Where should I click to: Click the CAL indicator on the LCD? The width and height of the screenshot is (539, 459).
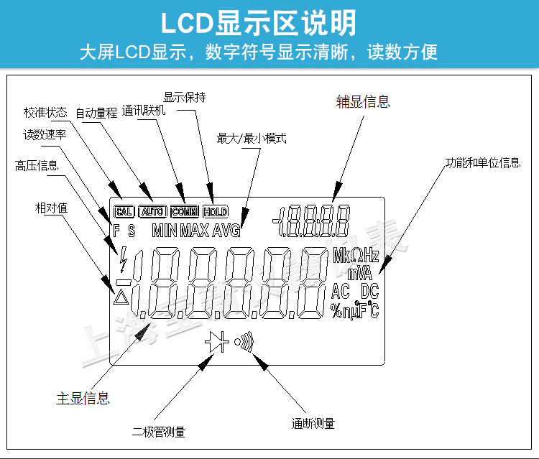124,211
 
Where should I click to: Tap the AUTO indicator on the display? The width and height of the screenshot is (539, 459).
152,211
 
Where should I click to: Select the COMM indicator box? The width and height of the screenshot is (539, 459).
185,211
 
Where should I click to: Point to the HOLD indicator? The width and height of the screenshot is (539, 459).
215,211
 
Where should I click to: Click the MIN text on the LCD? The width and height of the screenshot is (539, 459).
165,231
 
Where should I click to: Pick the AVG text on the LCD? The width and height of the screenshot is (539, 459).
226,231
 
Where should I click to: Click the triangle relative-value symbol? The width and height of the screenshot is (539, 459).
121,295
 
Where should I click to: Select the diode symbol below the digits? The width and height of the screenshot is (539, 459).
216,343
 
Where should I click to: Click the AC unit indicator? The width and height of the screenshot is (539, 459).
341,291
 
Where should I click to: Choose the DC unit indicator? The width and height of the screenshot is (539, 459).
369,291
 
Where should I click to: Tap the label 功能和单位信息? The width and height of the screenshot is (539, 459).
482,162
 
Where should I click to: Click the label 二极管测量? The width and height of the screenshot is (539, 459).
159,432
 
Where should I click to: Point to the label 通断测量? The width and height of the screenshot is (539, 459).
313,423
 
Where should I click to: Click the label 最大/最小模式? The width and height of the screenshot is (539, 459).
252,138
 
